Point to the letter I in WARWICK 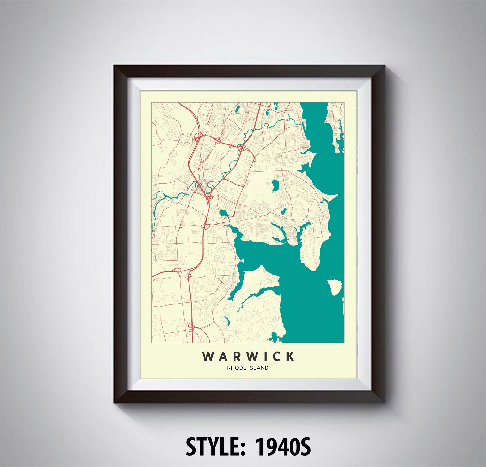265,356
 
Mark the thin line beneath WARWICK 248,364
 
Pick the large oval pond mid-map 275,185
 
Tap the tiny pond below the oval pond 283,211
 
